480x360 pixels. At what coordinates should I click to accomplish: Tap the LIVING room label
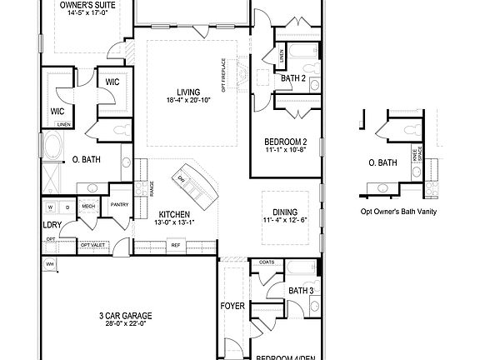point(187,92)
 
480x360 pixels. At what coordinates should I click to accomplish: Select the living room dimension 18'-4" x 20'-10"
point(187,101)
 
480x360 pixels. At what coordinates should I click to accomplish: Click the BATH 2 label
point(293,78)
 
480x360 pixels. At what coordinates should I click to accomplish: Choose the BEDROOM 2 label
point(286,141)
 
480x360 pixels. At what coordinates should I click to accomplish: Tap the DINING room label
point(286,212)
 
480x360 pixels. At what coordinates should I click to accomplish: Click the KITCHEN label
point(173,214)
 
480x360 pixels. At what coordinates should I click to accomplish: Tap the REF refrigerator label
point(176,245)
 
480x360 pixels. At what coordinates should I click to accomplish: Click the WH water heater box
point(49,264)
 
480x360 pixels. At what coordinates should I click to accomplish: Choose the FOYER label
point(232,307)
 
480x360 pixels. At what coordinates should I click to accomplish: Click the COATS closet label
point(267,262)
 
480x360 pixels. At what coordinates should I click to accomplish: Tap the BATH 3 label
point(301,291)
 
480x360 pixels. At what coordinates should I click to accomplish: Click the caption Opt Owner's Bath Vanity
point(398,212)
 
